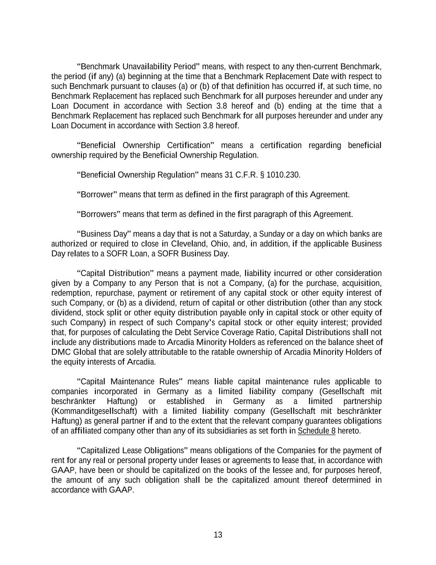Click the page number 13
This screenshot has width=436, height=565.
[218, 535]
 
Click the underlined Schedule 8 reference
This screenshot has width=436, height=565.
[317, 431]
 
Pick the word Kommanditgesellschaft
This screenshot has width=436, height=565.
[94, 411]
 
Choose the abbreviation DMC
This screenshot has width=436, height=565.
[60, 352]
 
